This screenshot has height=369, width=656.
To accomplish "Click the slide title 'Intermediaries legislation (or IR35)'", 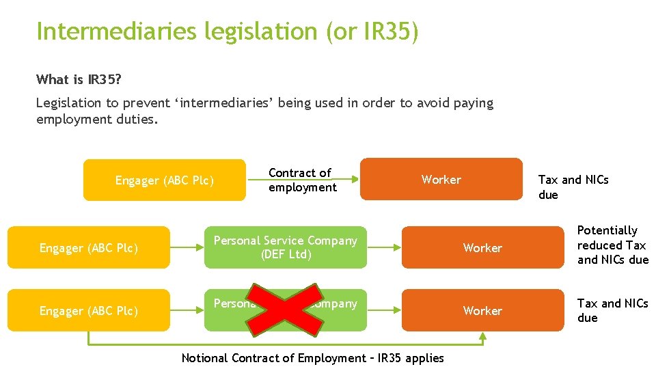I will click(227, 31).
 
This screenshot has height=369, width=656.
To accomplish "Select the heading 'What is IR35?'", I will click(79, 79).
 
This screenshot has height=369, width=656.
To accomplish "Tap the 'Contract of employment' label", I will click(302, 180).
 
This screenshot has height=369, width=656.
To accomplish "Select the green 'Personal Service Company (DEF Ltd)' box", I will click(286, 247).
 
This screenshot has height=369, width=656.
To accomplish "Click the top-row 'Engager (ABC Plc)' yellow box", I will click(164, 180).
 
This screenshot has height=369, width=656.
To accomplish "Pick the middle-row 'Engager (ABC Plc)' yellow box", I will click(88, 248).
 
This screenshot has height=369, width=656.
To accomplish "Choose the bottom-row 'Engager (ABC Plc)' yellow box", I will click(88, 311).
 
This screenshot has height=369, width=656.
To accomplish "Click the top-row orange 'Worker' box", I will click(441, 180).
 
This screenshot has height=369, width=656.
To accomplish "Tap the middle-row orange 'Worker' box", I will click(482, 248).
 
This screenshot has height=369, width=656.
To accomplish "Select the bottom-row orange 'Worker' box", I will click(482, 311).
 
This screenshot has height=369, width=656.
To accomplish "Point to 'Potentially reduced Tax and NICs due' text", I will click(612, 245).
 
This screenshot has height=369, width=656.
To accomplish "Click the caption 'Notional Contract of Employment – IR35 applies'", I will click(312, 358).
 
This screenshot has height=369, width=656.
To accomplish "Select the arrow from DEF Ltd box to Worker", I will click(384, 247).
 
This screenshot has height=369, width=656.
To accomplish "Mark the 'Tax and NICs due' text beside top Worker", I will click(573, 187).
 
